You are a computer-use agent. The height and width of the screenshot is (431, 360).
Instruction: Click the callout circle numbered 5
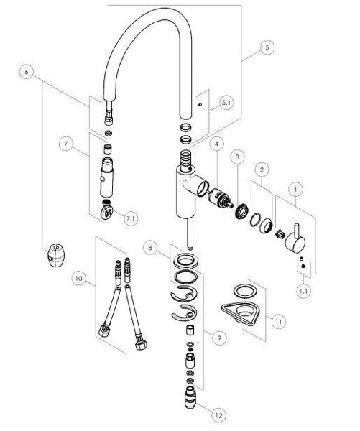click(x=267, y=47)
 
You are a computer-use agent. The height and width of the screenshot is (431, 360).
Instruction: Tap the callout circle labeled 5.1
click(x=226, y=103)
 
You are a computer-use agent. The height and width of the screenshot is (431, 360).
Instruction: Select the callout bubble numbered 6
click(x=27, y=72)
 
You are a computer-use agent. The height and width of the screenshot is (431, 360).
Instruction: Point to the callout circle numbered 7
click(x=66, y=144)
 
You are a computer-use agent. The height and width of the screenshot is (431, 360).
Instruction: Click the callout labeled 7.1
click(x=130, y=218)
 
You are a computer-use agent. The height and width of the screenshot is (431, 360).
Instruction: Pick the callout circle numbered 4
click(x=217, y=144)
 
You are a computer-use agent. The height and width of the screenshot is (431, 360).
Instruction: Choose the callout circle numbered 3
click(x=238, y=157)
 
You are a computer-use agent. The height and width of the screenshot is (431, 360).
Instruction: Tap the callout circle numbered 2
click(x=262, y=170)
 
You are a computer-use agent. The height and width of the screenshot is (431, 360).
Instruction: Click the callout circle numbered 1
click(x=295, y=190)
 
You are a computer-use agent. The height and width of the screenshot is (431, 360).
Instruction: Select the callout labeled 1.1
click(x=303, y=290)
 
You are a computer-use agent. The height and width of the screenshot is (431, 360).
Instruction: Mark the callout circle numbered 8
click(x=150, y=248)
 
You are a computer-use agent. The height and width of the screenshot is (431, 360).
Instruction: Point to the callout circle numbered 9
click(x=219, y=338)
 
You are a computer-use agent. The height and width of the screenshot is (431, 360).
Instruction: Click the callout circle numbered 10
click(x=79, y=278)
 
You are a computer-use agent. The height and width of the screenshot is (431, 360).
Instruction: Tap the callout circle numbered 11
click(x=279, y=321)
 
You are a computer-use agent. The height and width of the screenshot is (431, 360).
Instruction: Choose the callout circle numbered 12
click(x=219, y=415)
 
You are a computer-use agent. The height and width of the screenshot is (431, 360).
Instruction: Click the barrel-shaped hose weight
click(x=56, y=255)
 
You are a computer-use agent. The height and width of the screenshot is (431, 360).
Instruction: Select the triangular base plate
click(x=244, y=312)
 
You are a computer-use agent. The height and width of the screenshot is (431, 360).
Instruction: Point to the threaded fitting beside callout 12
click(x=190, y=397)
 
